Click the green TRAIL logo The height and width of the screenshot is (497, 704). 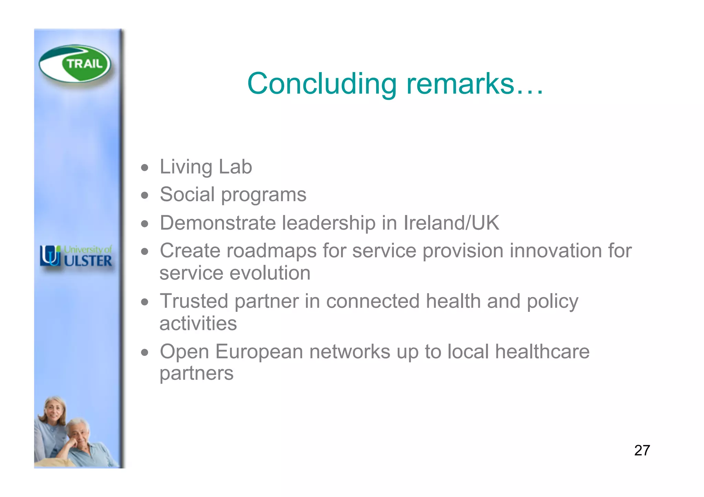(x=75, y=64)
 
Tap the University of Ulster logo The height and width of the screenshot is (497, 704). (x=76, y=256)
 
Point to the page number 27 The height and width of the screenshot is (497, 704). (x=642, y=450)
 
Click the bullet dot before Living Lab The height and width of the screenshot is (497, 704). (x=145, y=168)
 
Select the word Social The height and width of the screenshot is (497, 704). (x=187, y=194)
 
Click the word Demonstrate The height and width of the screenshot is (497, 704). (x=218, y=223)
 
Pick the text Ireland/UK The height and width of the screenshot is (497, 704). (x=451, y=223)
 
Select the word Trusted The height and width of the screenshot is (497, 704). (x=194, y=301)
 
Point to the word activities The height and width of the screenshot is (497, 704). (x=198, y=324)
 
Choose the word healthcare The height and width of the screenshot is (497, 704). (x=542, y=352)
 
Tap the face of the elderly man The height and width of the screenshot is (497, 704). (x=79, y=433)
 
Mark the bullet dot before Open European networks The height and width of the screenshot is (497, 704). (x=145, y=352)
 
